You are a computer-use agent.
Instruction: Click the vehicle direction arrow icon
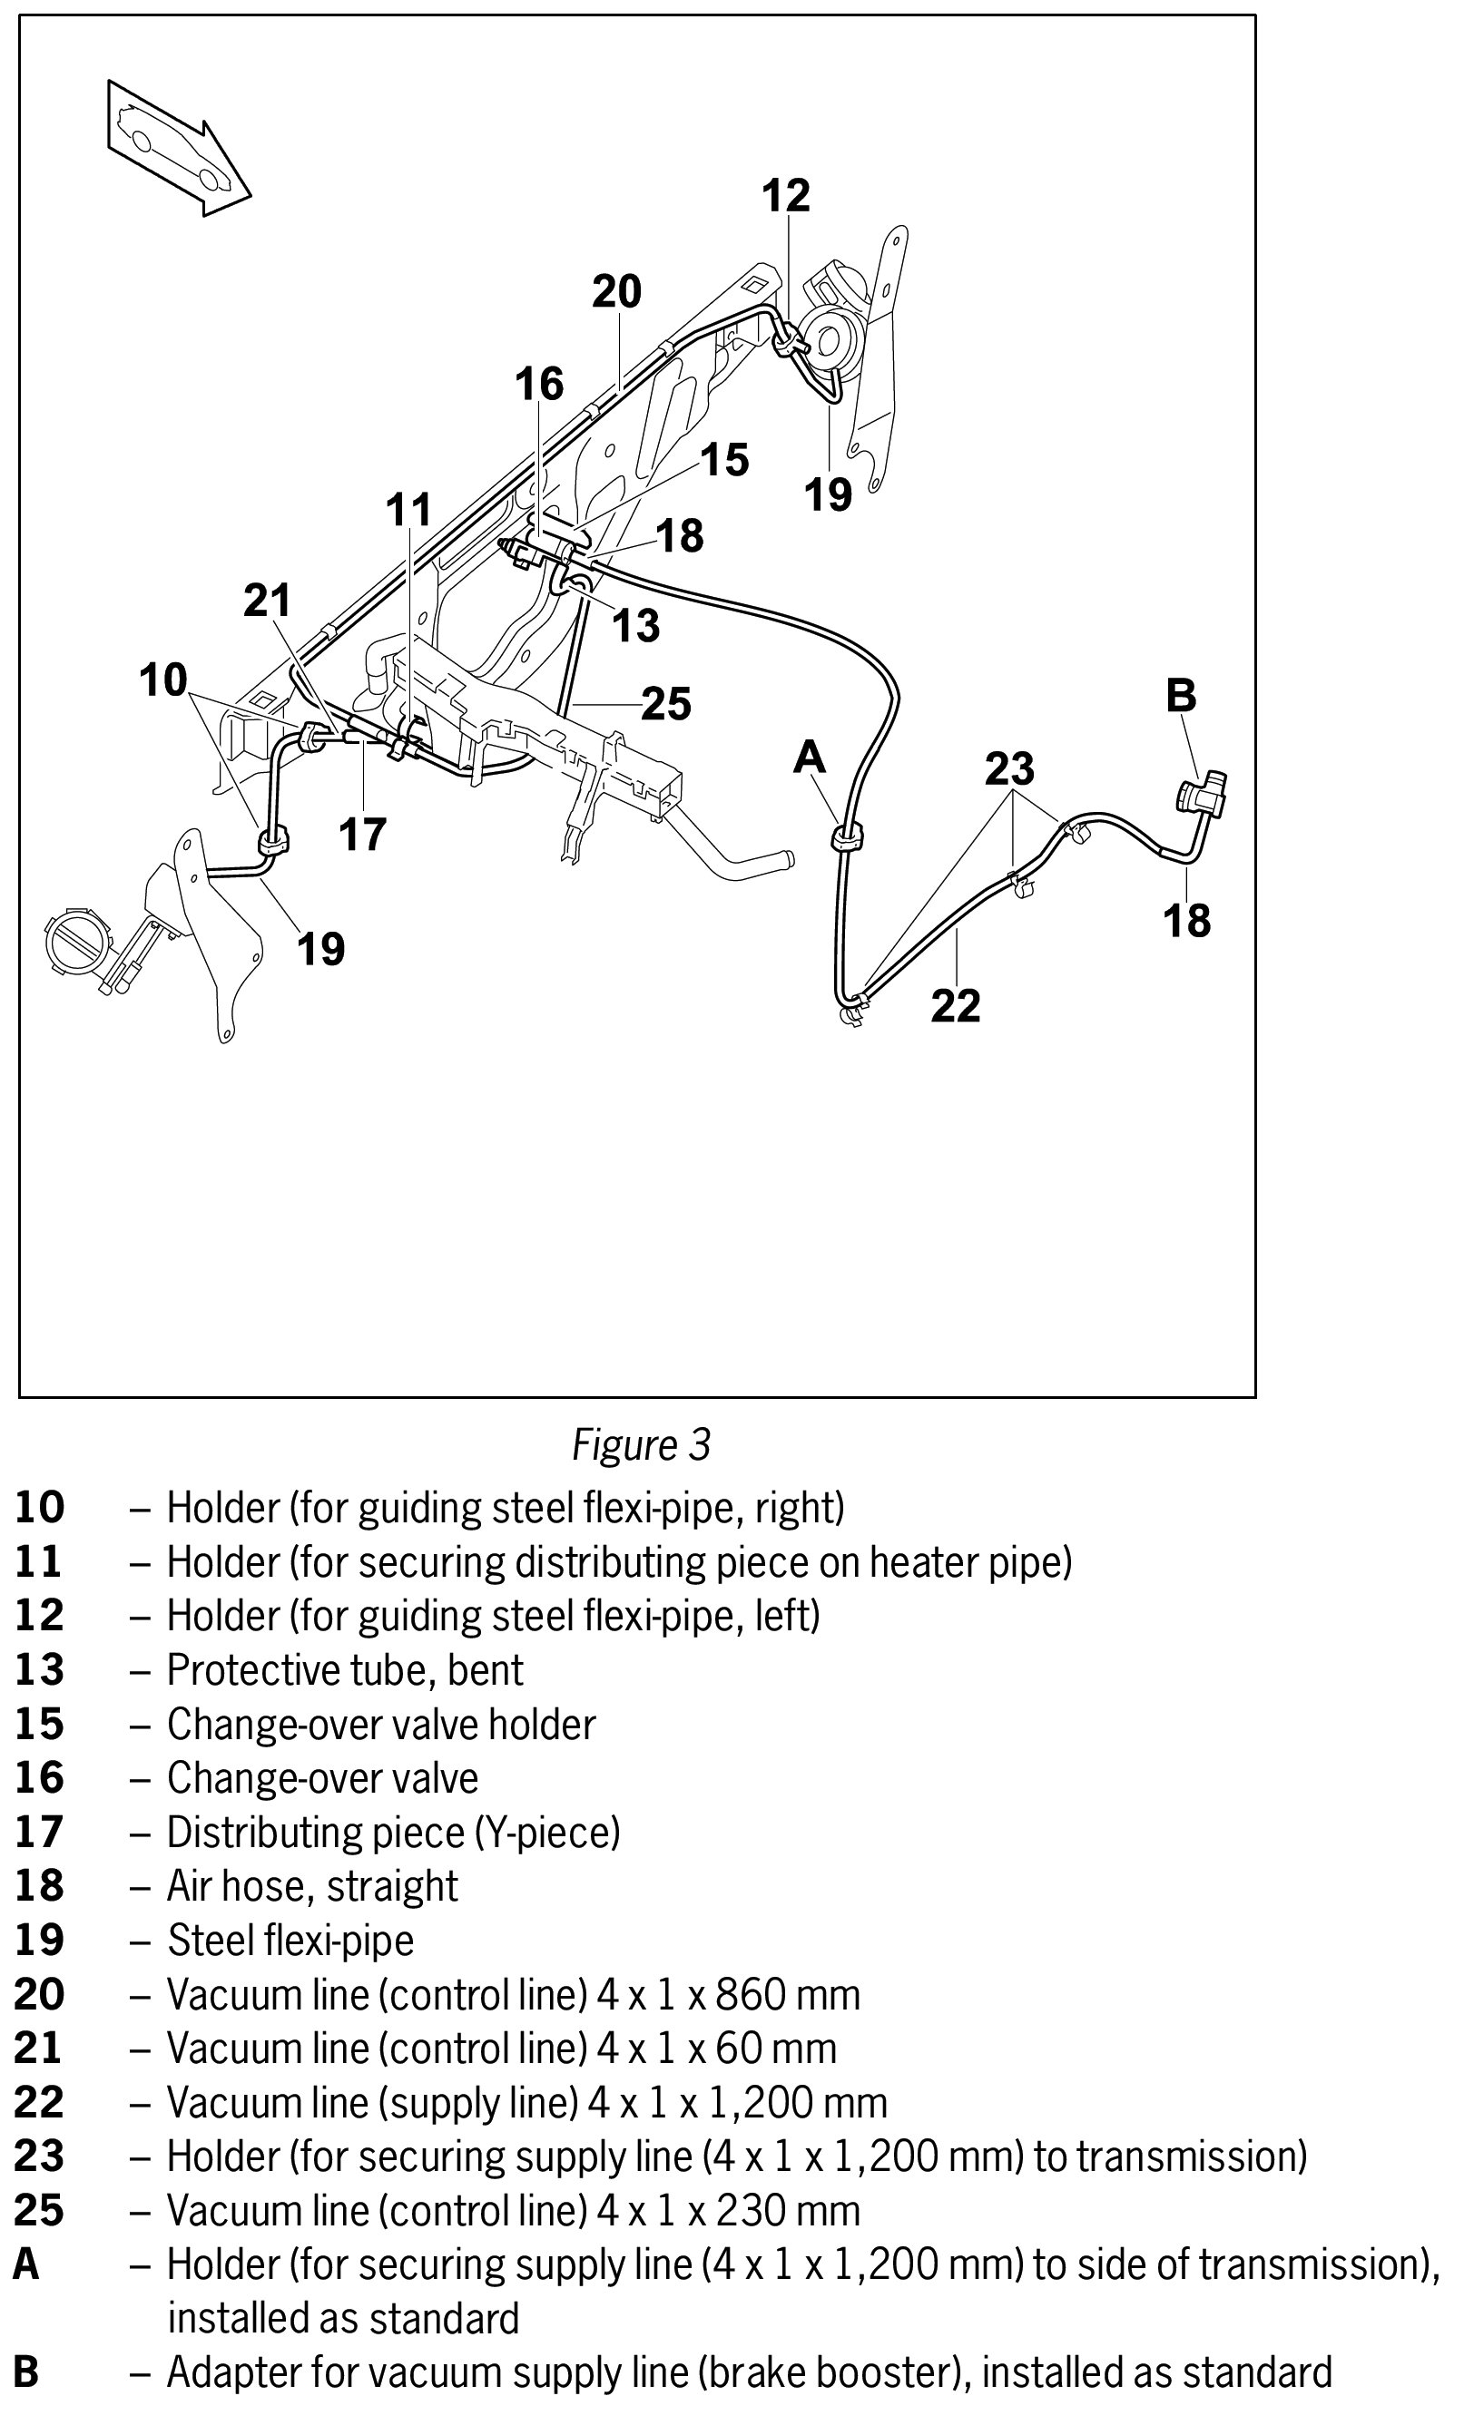(178, 148)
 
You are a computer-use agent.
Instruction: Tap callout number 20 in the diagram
(617, 291)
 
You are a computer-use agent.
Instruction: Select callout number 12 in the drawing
(786, 196)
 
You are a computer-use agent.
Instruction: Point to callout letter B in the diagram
(1182, 696)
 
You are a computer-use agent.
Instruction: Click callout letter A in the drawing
(810, 758)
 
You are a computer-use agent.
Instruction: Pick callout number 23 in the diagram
(1009, 768)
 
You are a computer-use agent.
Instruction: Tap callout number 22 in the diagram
(955, 1006)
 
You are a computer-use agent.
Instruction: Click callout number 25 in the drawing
(665, 705)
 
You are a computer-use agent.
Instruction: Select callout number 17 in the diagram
(362, 834)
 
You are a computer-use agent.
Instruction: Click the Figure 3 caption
(641, 1445)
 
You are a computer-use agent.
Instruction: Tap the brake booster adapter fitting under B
(1201, 796)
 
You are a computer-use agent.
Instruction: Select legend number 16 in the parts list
(40, 1778)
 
